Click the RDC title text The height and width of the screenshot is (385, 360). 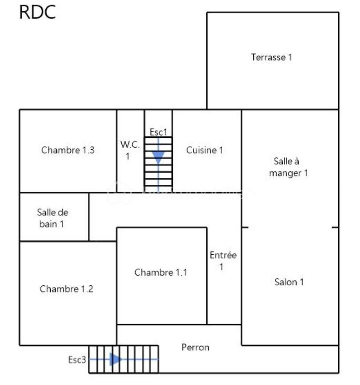pyautogui.click(x=37, y=12)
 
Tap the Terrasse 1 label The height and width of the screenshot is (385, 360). pyautogui.click(x=272, y=57)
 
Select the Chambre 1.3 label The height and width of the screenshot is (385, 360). pyautogui.click(x=68, y=150)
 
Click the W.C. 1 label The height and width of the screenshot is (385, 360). pyautogui.click(x=130, y=150)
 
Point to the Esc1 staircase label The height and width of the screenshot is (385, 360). pyautogui.click(x=158, y=132)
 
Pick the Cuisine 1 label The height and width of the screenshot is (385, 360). pyautogui.click(x=204, y=150)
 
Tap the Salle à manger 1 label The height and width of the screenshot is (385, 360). pyautogui.click(x=288, y=167)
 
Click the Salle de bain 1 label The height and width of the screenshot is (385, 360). pyautogui.click(x=52, y=218)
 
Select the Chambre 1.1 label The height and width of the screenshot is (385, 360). pyautogui.click(x=161, y=272)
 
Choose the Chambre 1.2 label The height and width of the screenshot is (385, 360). pyautogui.click(x=67, y=289)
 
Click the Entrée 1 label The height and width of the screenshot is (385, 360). pyautogui.click(x=223, y=261)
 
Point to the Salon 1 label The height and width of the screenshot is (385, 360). pyautogui.click(x=289, y=282)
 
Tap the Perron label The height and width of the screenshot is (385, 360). pyautogui.click(x=196, y=347)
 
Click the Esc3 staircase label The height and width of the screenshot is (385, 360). pyautogui.click(x=77, y=360)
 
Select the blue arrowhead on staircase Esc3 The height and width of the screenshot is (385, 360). pyautogui.click(x=115, y=359)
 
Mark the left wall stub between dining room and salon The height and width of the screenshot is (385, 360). pyautogui.click(x=245, y=227)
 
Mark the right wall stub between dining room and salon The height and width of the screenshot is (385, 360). pyautogui.click(x=335, y=227)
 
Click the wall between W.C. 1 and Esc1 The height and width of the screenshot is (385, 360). pyautogui.click(x=144, y=151)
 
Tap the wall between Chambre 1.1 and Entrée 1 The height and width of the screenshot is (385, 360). pyautogui.click(x=207, y=276)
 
